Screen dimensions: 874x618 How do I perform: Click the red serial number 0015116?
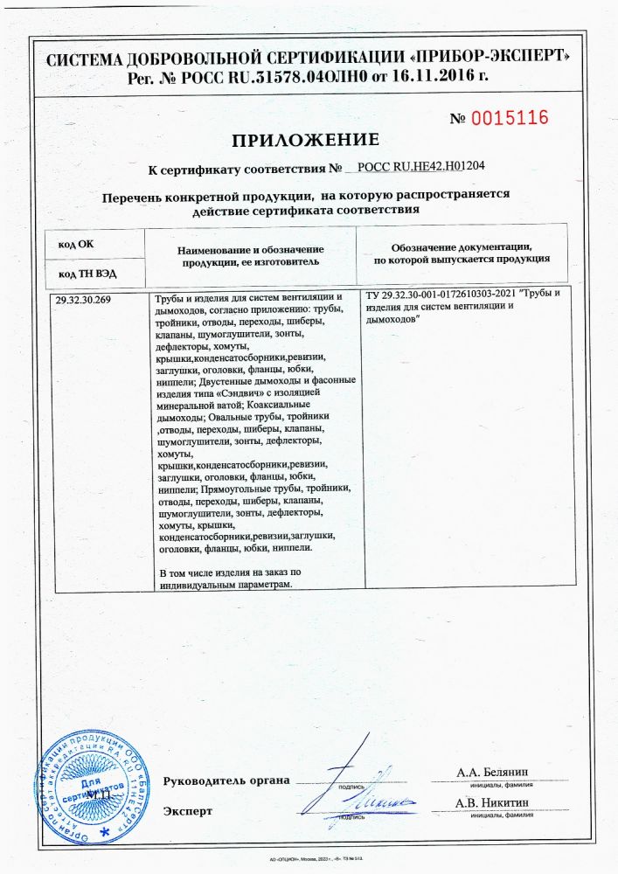(x=510, y=118)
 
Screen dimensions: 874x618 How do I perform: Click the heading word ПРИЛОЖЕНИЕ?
(x=306, y=140)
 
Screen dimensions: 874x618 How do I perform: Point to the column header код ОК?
(x=76, y=244)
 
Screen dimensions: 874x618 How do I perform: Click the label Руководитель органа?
(x=226, y=780)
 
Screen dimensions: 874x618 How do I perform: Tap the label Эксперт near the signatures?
(x=187, y=810)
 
